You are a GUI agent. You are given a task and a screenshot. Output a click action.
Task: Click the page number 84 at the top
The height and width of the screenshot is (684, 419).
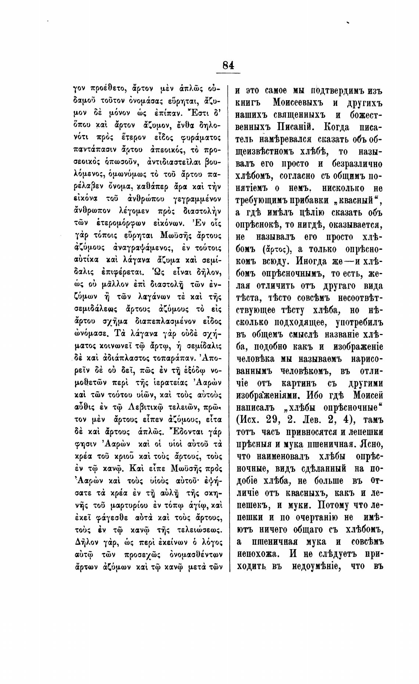click(228, 65)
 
